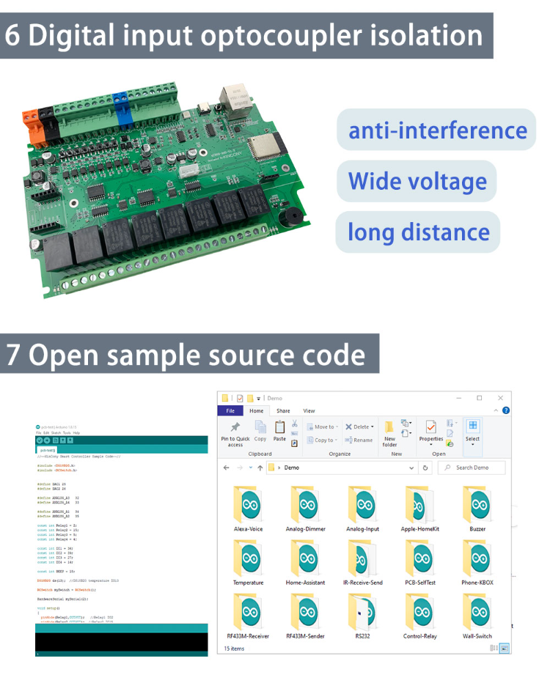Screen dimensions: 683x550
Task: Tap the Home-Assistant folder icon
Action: tap(304, 559)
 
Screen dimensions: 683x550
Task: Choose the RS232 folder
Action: tap(362, 613)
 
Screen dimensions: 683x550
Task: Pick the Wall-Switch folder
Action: tap(477, 613)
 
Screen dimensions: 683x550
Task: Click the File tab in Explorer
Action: tap(230, 411)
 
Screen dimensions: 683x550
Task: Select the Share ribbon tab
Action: tap(283, 411)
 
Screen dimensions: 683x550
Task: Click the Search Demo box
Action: tap(473, 467)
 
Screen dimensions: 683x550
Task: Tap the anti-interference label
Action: tap(437, 131)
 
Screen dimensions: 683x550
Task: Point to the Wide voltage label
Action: tap(417, 182)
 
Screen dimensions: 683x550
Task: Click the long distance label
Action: tap(418, 233)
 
